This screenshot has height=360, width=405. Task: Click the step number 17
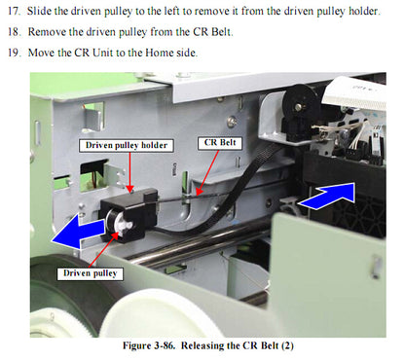point(14,12)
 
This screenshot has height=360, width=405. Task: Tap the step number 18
point(14,32)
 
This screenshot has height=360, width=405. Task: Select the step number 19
point(14,53)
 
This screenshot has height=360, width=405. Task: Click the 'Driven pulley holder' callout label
point(127,145)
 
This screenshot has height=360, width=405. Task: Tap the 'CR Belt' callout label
point(220,143)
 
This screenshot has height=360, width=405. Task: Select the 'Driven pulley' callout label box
point(90,273)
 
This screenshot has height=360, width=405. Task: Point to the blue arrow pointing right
point(328,196)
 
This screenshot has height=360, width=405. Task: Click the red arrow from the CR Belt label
point(207,172)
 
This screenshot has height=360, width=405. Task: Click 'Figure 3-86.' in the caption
point(149,345)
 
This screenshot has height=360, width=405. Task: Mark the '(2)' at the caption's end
point(287,345)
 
